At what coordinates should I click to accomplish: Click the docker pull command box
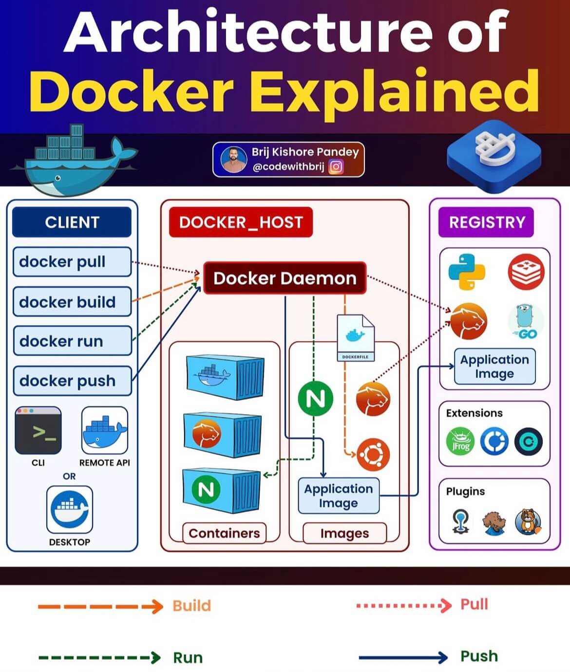(x=72, y=262)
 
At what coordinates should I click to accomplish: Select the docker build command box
(x=72, y=302)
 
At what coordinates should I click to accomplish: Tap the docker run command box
(x=72, y=341)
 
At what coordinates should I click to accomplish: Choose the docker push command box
(x=72, y=381)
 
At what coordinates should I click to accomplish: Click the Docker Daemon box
(x=285, y=278)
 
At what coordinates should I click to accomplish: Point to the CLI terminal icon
(x=38, y=431)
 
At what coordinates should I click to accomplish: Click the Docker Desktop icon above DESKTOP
(x=69, y=509)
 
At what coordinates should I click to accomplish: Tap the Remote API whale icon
(x=104, y=431)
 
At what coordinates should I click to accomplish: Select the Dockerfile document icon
(x=356, y=338)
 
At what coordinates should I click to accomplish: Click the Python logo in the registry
(x=466, y=272)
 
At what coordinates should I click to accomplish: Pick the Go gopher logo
(x=526, y=322)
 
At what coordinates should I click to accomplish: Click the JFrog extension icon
(x=460, y=441)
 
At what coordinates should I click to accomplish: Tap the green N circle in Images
(x=315, y=399)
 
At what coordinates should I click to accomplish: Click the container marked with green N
(x=222, y=489)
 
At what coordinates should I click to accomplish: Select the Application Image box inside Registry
(x=494, y=366)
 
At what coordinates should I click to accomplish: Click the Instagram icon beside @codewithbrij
(x=336, y=167)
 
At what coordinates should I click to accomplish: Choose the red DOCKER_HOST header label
(x=241, y=222)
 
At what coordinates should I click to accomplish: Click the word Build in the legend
(x=191, y=606)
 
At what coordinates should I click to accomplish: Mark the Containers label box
(x=224, y=533)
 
